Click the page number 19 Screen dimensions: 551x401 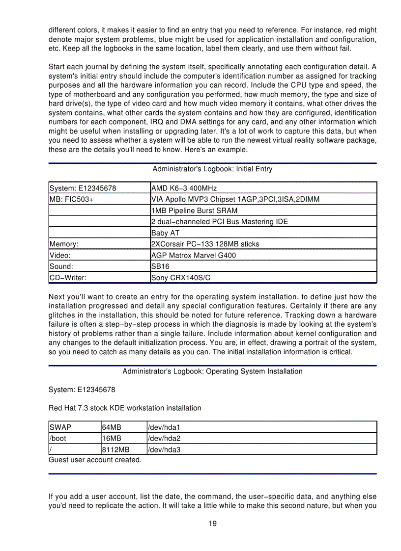(x=212, y=524)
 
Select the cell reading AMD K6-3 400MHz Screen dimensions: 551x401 (x=184, y=188)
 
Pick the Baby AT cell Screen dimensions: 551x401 (x=166, y=233)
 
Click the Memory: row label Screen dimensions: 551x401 (x=64, y=244)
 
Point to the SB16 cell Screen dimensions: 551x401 (x=160, y=266)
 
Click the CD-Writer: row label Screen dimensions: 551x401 (x=68, y=278)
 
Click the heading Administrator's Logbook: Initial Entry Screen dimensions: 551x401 (x=212, y=169)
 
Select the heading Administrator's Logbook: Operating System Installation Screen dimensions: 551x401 (x=212, y=371)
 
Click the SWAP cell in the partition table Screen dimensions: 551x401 (x=60, y=427)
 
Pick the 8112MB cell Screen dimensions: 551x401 (x=116, y=449)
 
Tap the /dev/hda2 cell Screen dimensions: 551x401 (x=164, y=438)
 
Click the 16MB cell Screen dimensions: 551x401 (x=112, y=438)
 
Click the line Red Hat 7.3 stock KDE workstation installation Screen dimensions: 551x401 (x=125, y=408)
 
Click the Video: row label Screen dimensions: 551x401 (x=60, y=255)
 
